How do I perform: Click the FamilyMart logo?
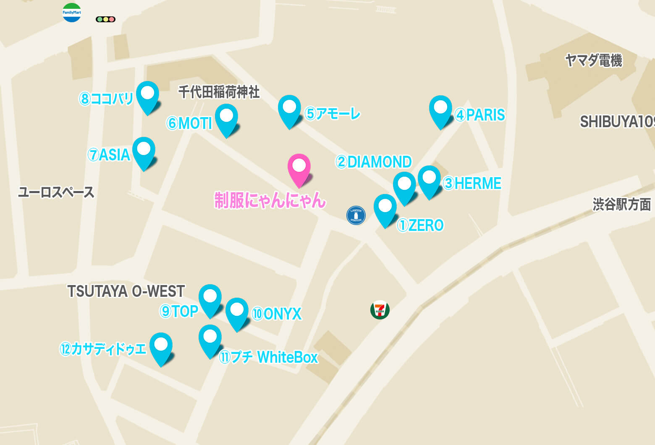click(x=72, y=13)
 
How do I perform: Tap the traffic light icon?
click(x=105, y=19)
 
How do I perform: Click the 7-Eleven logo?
click(x=380, y=310)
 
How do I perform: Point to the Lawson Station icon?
click(x=356, y=215)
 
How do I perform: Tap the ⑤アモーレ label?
click(x=333, y=114)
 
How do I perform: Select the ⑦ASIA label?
click(x=109, y=155)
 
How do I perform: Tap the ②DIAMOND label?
click(x=373, y=162)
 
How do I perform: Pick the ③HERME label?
click(x=472, y=183)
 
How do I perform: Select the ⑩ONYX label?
click(x=277, y=314)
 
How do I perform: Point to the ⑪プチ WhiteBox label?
click(x=269, y=357)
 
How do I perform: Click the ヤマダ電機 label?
click(x=593, y=60)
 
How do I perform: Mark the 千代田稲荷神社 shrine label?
click(x=219, y=92)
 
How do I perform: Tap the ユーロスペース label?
click(x=56, y=192)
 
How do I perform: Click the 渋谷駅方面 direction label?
click(x=621, y=204)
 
